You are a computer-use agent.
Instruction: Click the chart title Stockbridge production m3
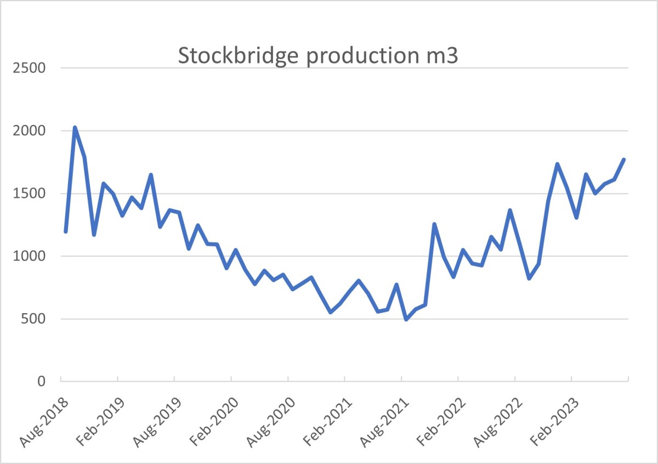click(317, 56)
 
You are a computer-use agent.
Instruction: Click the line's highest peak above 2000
click(75, 128)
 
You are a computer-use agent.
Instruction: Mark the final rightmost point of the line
click(624, 160)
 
